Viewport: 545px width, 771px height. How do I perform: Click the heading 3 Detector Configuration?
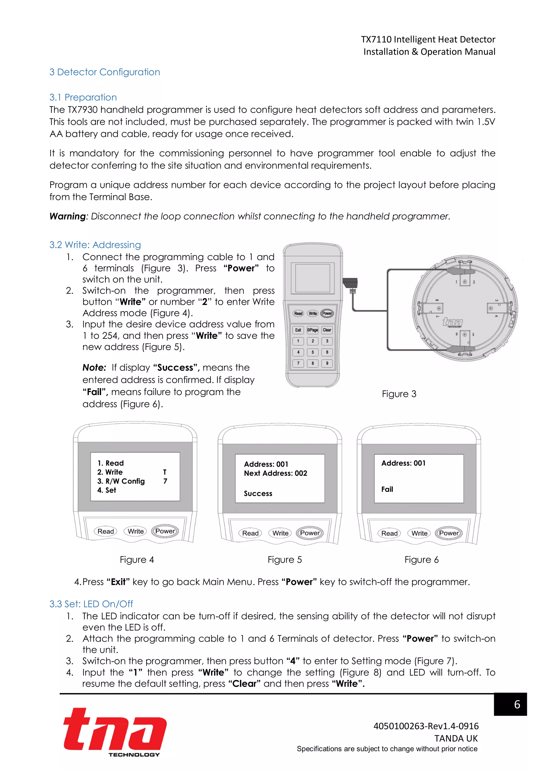pyautogui.click(x=104, y=72)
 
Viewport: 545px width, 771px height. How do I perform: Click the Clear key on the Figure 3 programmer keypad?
pyautogui.click(x=327, y=330)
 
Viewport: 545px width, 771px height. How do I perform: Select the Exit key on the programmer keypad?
pyautogui.click(x=298, y=330)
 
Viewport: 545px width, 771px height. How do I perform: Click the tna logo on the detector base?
pyautogui.click(x=452, y=322)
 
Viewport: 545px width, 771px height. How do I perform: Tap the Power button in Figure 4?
pyautogui.click(x=165, y=531)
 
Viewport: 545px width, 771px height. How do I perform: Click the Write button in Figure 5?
pyautogui.click(x=280, y=533)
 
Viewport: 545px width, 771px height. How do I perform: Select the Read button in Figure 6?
pyautogui.click(x=389, y=533)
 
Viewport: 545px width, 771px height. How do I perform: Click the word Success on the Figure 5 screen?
pyautogui.click(x=258, y=493)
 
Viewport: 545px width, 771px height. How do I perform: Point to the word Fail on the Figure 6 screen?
pyautogui.click(x=387, y=489)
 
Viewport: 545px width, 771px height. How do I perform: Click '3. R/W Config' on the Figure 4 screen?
pyautogui.click(x=121, y=481)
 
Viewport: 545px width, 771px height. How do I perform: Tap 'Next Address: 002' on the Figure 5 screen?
pyautogui.click(x=275, y=473)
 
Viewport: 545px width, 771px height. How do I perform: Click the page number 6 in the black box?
pyautogui.click(x=517, y=704)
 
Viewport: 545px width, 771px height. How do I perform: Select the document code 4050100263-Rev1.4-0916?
pyautogui.click(x=426, y=726)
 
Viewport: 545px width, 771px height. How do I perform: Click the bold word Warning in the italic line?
pyautogui.click(x=67, y=216)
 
